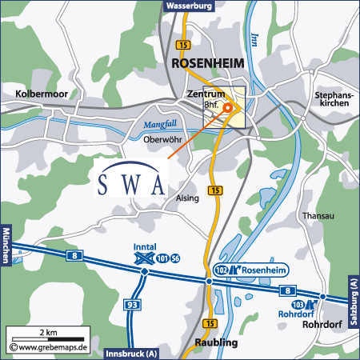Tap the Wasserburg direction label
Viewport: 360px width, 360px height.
[x=189, y=5]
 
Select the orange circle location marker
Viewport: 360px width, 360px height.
[x=227, y=107]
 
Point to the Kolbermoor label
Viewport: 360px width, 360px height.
[x=41, y=94]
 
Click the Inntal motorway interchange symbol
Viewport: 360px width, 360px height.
[x=144, y=258]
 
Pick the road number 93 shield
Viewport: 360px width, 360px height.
[x=133, y=306]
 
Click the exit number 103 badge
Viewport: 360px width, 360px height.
[x=298, y=306]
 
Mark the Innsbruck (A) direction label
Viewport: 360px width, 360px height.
[x=133, y=354]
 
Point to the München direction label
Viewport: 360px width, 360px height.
[x=5, y=245]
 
